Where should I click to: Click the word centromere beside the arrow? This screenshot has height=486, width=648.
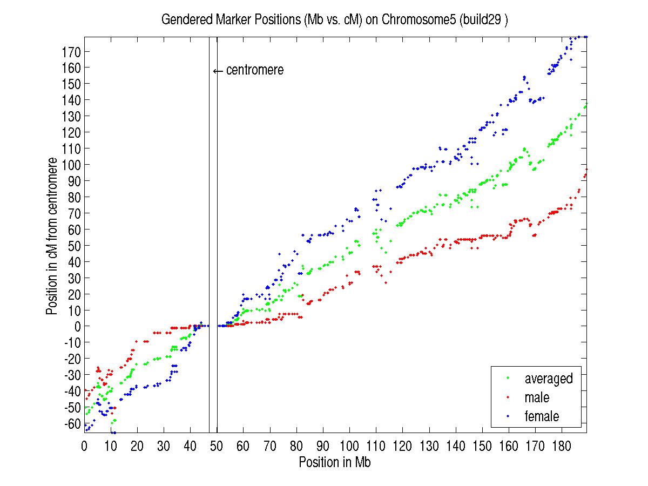[x=254, y=70]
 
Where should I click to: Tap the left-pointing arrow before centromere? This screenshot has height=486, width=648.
[x=218, y=71]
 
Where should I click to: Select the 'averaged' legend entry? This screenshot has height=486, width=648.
[x=548, y=379]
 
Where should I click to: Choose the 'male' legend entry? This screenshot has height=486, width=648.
[x=536, y=397]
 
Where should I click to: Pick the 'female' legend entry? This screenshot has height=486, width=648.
[x=541, y=416]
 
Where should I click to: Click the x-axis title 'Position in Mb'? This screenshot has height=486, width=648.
[x=335, y=463]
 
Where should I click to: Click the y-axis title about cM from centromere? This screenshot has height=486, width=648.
[x=52, y=236]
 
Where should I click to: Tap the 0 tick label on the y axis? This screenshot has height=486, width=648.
[x=78, y=326]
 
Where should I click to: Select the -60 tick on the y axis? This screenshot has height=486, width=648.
[x=72, y=423]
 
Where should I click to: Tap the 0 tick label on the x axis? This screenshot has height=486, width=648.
[x=84, y=446]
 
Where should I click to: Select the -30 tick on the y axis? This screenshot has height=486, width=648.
[x=72, y=375]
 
